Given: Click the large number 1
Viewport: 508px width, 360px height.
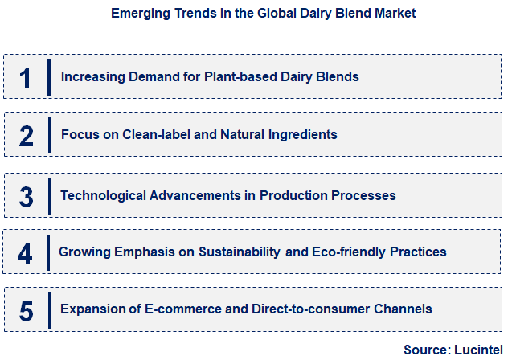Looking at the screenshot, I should [26, 77].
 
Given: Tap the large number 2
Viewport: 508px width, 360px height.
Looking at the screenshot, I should [27, 136].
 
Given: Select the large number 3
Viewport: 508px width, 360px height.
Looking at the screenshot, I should [27, 196].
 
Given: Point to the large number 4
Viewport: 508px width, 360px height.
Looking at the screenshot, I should [26, 253].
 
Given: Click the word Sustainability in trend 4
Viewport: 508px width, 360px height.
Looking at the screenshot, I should [240, 252].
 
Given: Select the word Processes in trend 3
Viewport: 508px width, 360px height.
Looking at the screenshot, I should [367, 195].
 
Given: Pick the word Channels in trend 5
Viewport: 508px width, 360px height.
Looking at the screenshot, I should [404, 309].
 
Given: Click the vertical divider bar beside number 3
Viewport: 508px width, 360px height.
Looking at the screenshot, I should [49, 195].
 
